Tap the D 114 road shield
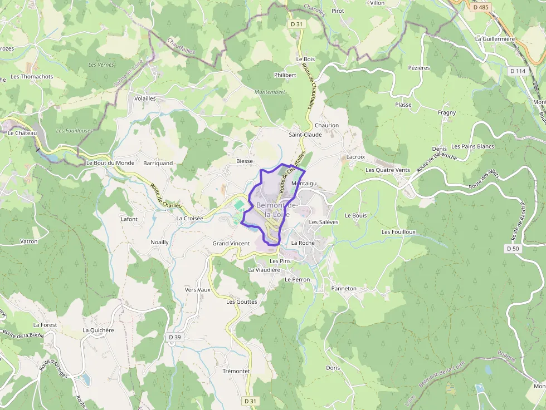[518, 71]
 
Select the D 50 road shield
[513, 249]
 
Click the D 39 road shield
[175, 337]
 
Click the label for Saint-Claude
[305, 135]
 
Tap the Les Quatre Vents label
[387, 170]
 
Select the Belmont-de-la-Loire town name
[277, 210]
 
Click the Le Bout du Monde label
[110, 163]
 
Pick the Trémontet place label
[236, 371]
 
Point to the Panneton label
[344, 289]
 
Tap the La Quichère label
[98, 330]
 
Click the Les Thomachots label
[32, 77]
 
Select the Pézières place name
[419, 68]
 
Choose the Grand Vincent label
[231, 244]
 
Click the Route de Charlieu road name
[166, 196]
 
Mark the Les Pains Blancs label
[472, 146]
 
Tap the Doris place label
[333, 368]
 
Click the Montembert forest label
[270, 92]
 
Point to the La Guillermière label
[495, 39]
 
